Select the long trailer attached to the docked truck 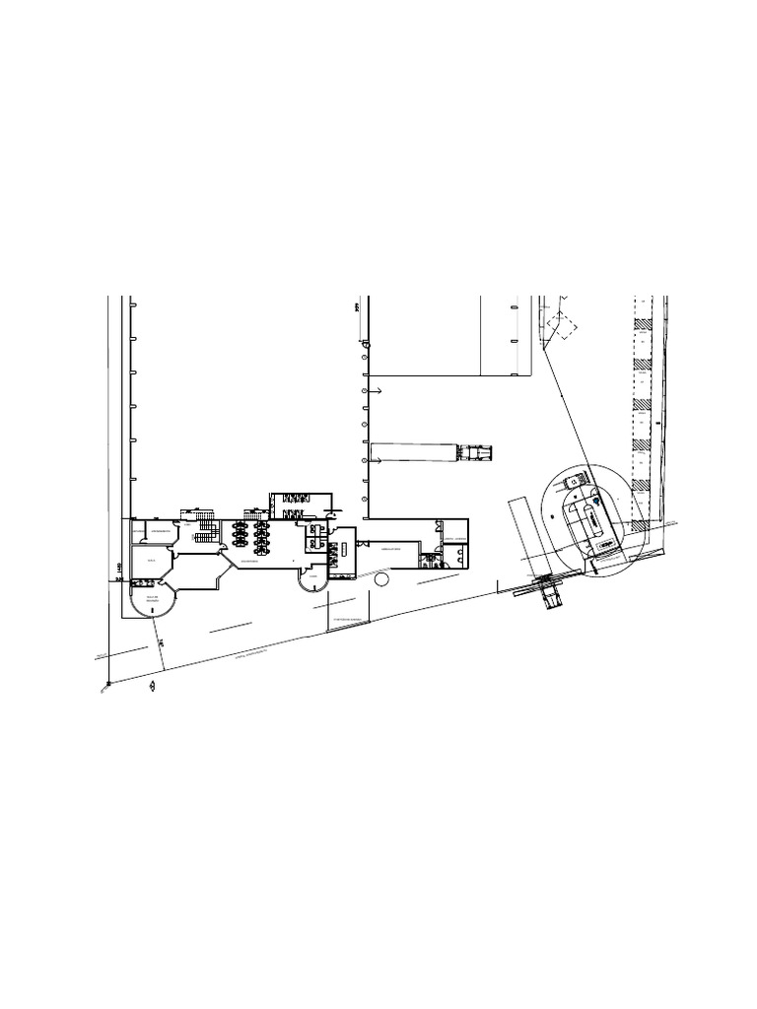(414, 453)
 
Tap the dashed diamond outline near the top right (563, 326)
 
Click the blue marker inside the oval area (594, 502)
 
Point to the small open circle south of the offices (381, 580)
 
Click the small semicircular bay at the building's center (314, 582)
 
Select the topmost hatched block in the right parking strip (642, 322)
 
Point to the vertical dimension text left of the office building (117, 568)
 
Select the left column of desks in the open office (240, 535)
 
